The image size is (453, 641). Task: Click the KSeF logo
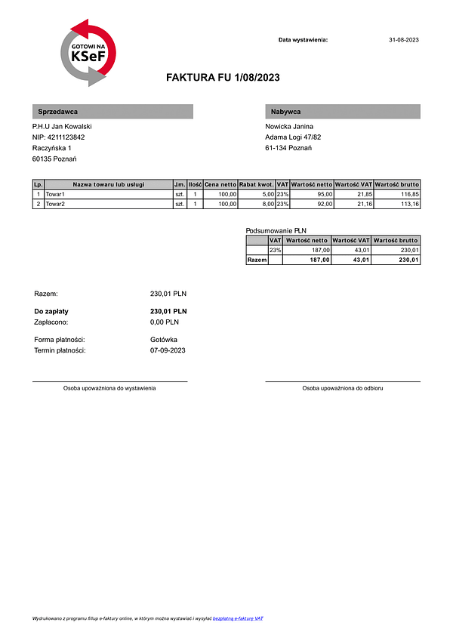pos(88,53)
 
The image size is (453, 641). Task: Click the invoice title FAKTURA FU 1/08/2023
pos(223,77)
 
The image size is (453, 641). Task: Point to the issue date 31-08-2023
pos(403,39)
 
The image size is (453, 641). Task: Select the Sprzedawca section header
pos(112,112)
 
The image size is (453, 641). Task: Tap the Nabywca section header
pos(343,112)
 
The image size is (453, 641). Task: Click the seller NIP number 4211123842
pos(58,137)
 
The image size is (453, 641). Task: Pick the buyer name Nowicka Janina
pos(289,126)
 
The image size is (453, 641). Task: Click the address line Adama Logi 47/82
pos(293,137)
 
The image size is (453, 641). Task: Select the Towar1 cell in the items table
pos(55,194)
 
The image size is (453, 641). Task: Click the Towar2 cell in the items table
pos(55,204)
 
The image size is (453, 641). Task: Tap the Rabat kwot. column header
pos(256,184)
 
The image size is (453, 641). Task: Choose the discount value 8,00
pos(268,204)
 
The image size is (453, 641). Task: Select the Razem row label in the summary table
pos(257,260)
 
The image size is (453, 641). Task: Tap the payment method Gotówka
pos(164,340)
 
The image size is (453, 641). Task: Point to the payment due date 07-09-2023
pos(168,350)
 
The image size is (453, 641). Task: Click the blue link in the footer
pos(238,618)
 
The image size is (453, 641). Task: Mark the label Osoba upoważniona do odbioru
pos(343,388)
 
